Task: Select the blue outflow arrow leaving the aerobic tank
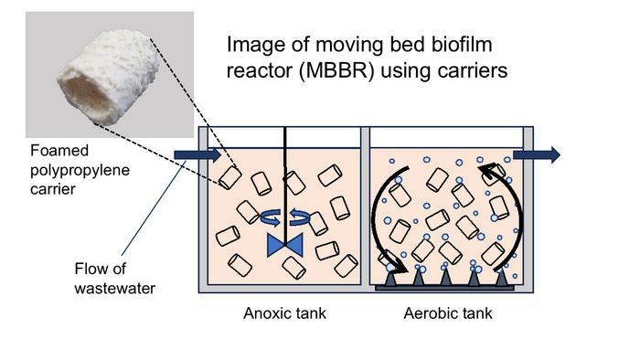point(536,154)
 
